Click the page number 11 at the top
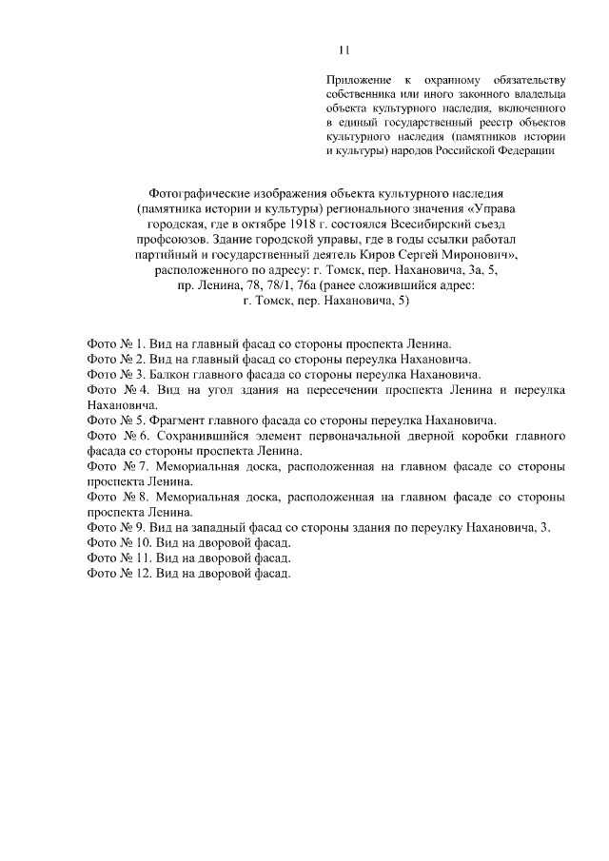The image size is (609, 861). click(344, 49)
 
